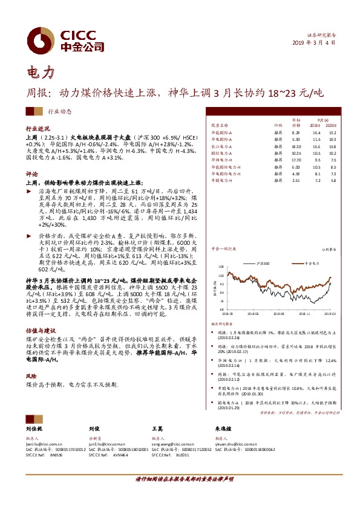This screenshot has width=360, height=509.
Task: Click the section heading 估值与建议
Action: pyautogui.click(x=40, y=331)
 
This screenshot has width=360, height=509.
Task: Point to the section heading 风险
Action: pyautogui.click(x=31, y=375)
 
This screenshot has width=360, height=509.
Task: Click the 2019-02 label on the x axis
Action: pyautogui.click(x=329, y=314)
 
